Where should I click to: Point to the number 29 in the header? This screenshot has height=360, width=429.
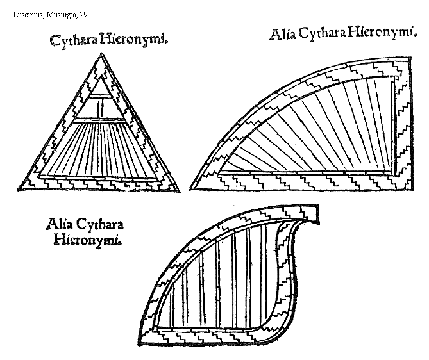[83, 14]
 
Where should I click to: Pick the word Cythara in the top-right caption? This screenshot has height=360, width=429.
[319, 34]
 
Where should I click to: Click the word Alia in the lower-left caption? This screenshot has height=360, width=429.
[59, 225]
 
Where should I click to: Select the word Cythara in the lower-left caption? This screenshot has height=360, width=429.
[99, 226]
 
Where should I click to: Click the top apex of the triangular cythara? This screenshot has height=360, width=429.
[100, 56]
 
